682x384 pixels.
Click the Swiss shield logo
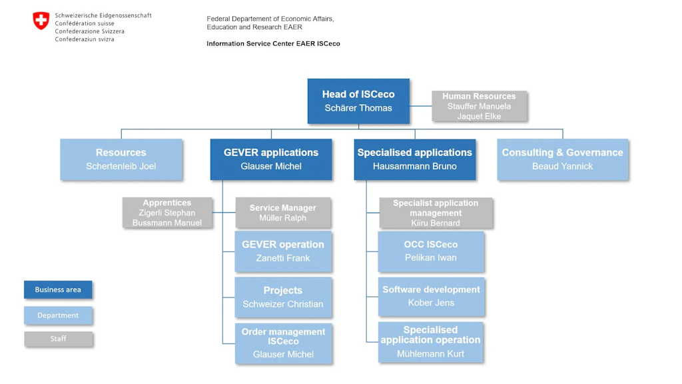pyautogui.click(x=41, y=21)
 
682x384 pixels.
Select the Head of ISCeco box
pyautogui.click(x=358, y=101)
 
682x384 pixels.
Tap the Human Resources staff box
pyautogui.click(x=479, y=106)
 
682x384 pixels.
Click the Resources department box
pyautogui.click(x=121, y=159)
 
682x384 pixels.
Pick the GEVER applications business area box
pyautogui.click(x=271, y=159)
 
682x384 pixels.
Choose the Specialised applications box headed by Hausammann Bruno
pyautogui.click(x=414, y=159)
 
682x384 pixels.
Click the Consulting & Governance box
pyautogui.click(x=562, y=159)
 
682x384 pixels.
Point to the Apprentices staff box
pyautogui.click(x=167, y=213)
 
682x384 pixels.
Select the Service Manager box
pyautogui.click(x=283, y=213)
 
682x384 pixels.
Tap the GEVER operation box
pyautogui.click(x=283, y=251)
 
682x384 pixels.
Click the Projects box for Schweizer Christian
pyautogui.click(x=283, y=297)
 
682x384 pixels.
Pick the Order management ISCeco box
pyautogui.click(x=283, y=343)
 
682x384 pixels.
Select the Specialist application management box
pyautogui.click(x=436, y=213)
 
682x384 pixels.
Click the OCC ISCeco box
pyautogui.click(x=431, y=251)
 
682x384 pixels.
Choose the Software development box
pyautogui.click(x=431, y=297)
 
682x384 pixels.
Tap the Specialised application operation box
pyautogui.click(x=431, y=342)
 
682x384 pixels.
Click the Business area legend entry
pyautogui.click(x=58, y=290)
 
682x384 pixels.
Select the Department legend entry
pyautogui.click(x=58, y=315)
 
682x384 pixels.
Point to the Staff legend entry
pyautogui.click(x=58, y=339)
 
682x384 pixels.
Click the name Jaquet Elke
pyautogui.click(x=479, y=117)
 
